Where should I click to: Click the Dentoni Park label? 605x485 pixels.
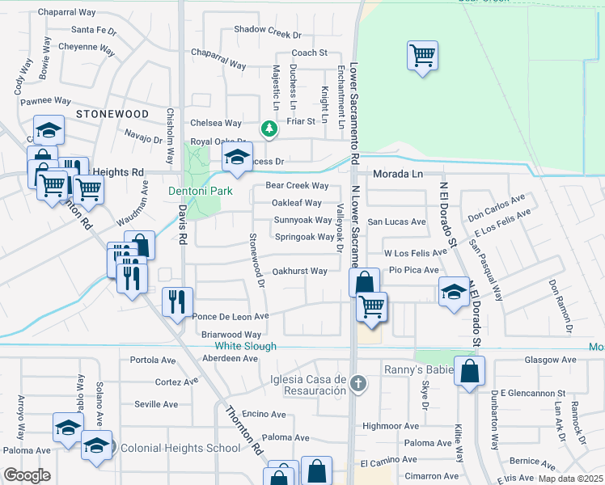click(x=200, y=191)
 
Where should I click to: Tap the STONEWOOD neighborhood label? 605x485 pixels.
click(x=112, y=115)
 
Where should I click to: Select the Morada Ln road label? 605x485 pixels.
click(x=397, y=174)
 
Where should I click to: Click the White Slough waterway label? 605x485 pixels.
click(x=245, y=346)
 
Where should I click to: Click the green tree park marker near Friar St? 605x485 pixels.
click(x=269, y=128)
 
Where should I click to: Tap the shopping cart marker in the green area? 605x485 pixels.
click(x=422, y=57)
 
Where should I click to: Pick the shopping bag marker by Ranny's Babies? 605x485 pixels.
click(x=469, y=373)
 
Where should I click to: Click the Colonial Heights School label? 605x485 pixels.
click(x=167, y=447)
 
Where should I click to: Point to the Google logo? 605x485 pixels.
click(x=27, y=475)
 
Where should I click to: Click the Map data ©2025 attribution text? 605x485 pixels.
click(x=570, y=479)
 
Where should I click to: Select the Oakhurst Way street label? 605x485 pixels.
click(x=299, y=272)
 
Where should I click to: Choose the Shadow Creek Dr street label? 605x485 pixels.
click(x=267, y=35)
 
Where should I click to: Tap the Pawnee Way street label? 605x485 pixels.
click(x=46, y=101)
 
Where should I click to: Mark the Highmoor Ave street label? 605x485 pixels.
click(x=391, y=425)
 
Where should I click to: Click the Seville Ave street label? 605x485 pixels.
click(x=156, y=404)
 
